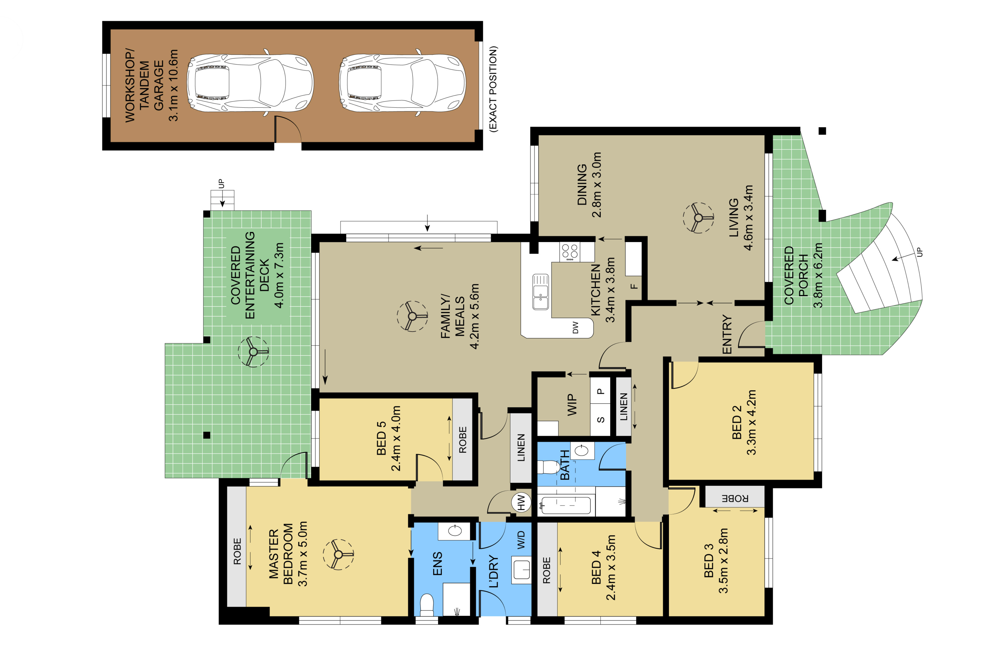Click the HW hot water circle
point(521,502)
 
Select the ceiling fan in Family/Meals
point(412,316)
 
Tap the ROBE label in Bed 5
point(463,440)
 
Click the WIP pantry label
point(572,405)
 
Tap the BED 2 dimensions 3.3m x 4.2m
point(752,422)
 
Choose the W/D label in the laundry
point(521,540)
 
